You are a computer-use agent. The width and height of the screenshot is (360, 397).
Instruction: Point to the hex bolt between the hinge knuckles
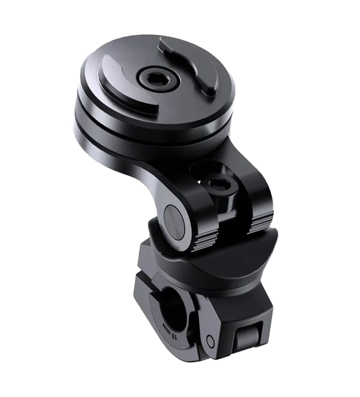(221, 185)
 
